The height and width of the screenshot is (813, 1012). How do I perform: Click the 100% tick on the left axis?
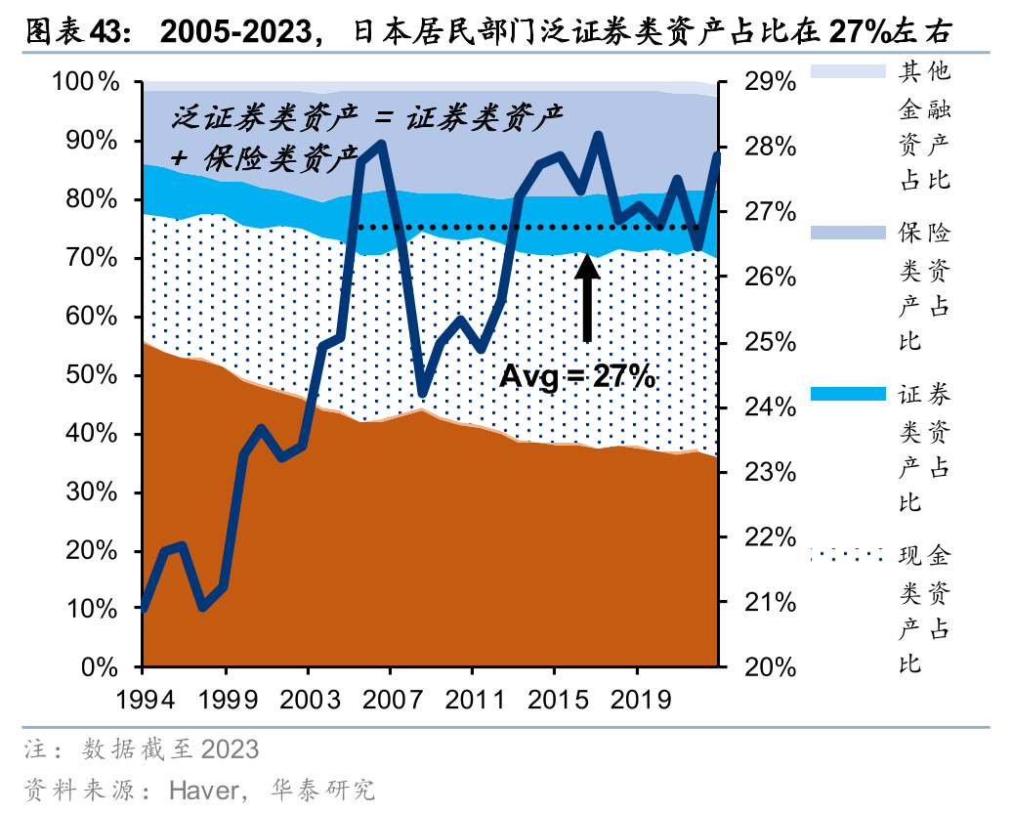[85, 83]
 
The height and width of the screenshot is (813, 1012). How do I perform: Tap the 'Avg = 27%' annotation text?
[577, 376]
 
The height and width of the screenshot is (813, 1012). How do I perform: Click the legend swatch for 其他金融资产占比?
[845, 70]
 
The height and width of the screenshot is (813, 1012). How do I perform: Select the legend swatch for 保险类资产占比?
[845, 233]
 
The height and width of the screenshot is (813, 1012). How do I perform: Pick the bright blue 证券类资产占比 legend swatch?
[845, 394]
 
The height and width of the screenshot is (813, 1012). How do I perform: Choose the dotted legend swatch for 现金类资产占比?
[845, 556]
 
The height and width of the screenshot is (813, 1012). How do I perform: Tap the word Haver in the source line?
[203, 790]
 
